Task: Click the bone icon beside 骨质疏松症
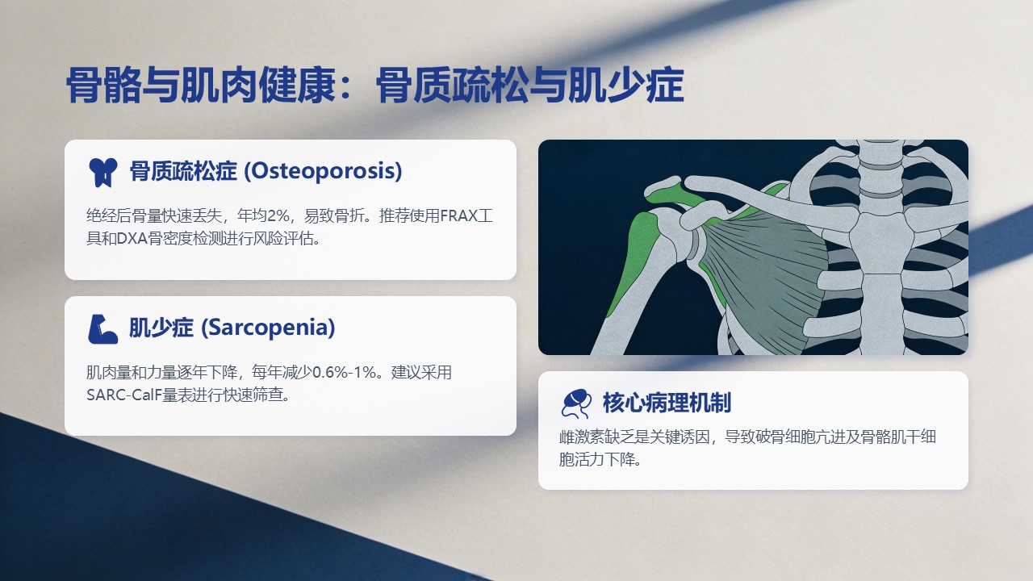point(102,173)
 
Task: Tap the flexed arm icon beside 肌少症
point(102,329)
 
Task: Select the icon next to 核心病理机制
point(576,403)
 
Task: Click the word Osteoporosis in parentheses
point(323,171)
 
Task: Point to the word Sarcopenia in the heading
point(269,328)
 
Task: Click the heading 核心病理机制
point(667,403)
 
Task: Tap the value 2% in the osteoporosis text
point(278,215)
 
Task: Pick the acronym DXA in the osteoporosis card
point(132,238)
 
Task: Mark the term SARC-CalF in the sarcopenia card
point(124,395)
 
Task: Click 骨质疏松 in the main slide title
point(452,86)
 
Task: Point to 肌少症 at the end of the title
point(625,86)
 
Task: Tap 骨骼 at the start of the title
point(104,86)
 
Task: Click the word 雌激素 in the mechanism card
point(582,437)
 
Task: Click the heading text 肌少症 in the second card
point(161,328)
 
